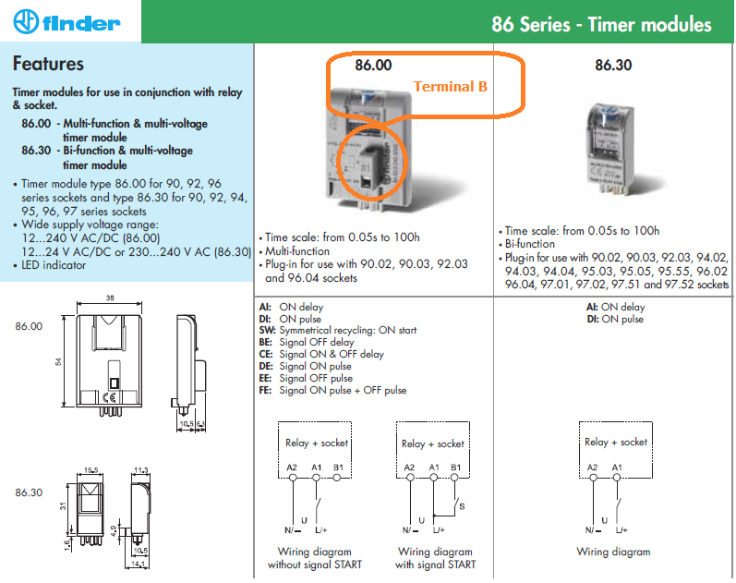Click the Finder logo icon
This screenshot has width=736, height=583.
(x=26, y=21)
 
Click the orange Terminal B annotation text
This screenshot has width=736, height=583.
(x=450, y=87)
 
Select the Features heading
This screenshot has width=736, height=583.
(x=48, y=64)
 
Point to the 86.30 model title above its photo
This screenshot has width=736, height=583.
(x=613, y=65)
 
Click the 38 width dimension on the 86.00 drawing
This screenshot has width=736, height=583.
(x=110, y=298)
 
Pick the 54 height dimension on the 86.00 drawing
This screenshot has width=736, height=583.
(x=58, y=362)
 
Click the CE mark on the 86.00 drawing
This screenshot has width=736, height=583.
(x=109, y=397)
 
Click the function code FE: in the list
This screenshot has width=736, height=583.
(x=265, y=391)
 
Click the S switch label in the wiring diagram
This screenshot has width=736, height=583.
(x=462, y=506)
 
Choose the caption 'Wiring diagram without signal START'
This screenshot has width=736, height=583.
(x=315, y=558)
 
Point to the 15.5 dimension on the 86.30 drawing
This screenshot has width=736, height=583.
(x=91, y=470)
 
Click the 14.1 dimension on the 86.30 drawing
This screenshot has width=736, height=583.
(x=138, y=565)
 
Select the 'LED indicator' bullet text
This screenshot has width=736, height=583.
(x=54, y=265)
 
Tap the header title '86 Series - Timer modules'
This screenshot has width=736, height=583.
(x=601, y=24)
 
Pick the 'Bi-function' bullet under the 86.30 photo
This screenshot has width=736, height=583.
(x=529, y=244)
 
